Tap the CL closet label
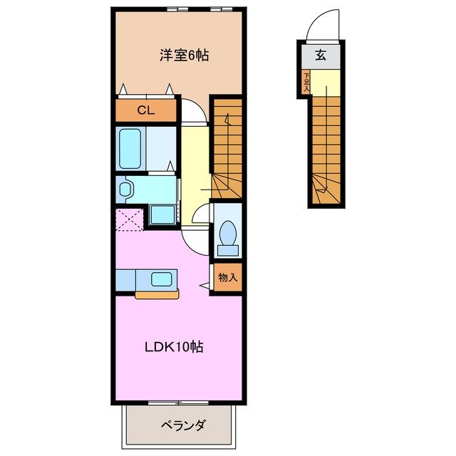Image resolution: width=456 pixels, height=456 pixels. tap(145, 110)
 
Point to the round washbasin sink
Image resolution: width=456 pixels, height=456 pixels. tap(126, 189)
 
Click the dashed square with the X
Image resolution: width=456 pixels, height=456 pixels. tap(129, 219)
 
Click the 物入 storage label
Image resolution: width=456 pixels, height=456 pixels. tap(227, 277)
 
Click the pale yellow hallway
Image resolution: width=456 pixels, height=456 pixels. tap(193, 164)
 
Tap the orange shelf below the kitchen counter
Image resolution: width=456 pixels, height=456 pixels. tap(157, 294)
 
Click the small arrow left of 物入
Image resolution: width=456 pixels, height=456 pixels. tap(204, 285)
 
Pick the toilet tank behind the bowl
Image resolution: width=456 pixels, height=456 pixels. tap(228, 249)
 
